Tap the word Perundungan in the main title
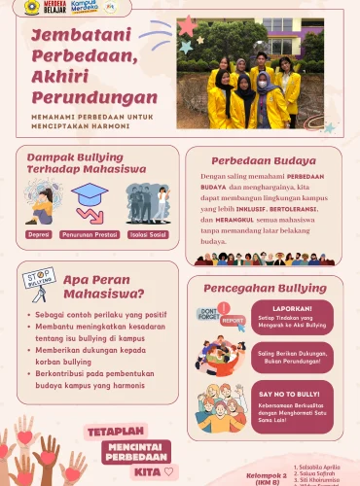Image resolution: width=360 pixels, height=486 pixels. (x=93, y=98)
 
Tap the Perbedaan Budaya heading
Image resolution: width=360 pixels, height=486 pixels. (x=263, y=160)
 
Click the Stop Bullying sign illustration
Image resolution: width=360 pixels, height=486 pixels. (x=39, y=282)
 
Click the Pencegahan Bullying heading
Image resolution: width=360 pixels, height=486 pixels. (x=264, y=289)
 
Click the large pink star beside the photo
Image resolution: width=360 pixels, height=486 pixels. (x=186, y=26)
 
